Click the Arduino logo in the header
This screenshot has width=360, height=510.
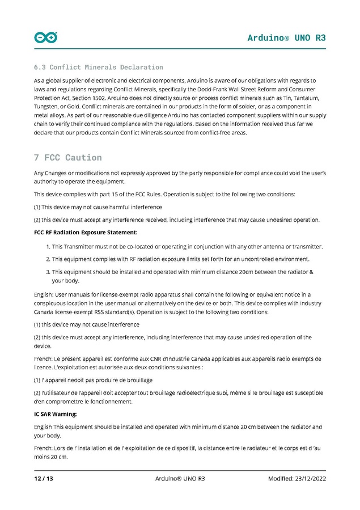point(46,37)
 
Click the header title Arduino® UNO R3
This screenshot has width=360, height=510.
point(286,38)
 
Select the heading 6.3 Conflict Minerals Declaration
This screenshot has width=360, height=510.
point(99,68)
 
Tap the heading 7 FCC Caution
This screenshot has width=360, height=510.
point(68,157)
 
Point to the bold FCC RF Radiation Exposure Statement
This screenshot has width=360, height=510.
point(86,232)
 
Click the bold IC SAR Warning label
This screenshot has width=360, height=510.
point(55,414)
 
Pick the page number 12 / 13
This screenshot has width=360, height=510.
point(44,479)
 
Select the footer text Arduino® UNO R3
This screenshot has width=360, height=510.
point(180,479)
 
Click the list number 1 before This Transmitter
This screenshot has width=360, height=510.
point(47,246)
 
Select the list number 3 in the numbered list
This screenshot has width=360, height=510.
point(47,272)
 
